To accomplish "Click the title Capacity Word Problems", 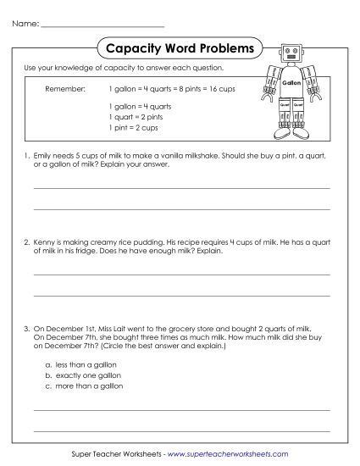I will point(180,48).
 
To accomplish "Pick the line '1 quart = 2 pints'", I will point(136,118).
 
